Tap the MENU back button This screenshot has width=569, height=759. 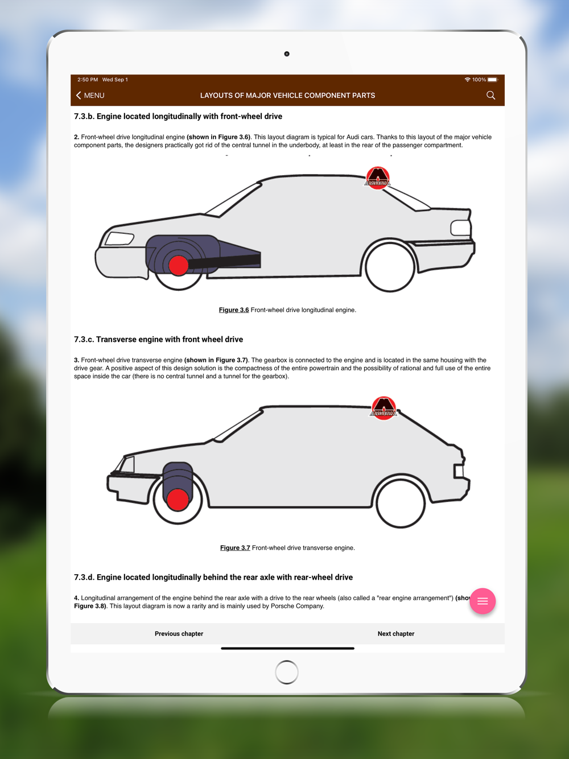point(90,96)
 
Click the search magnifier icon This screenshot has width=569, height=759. point(490,96)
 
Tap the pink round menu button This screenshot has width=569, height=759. point(483,601)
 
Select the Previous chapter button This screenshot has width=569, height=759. point(179,634)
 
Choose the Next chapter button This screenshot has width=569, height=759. point(396,634)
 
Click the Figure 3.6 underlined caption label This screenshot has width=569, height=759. point(234,310)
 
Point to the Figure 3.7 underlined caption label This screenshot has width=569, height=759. point(235,548)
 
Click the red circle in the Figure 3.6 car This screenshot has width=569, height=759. point(179,265)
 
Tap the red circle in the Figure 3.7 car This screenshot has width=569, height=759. point(178,500)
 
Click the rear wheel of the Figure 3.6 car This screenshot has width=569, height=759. point(390,267)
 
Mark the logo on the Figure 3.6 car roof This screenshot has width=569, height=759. point(377,178)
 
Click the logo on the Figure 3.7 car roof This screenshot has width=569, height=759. point(384,407)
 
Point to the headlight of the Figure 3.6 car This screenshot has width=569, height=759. point(119,238)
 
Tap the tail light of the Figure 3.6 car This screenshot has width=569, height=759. point(461,228)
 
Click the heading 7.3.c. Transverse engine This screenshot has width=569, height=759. point(158,340)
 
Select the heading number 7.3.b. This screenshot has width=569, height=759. point(84,117)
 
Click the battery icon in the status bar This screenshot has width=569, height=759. point(493,80)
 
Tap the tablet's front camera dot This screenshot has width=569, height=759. point(287,54)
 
